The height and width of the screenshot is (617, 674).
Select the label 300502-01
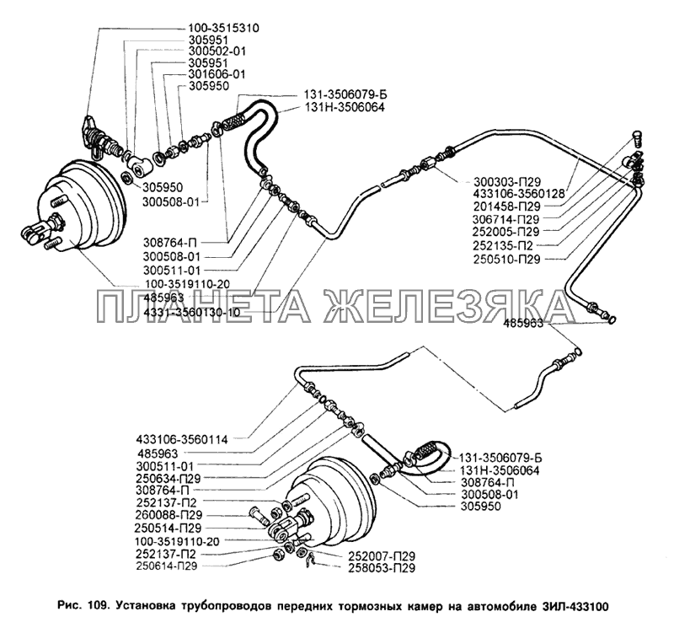(x=218, y=51)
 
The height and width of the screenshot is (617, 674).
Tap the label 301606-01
(x=218, y=73)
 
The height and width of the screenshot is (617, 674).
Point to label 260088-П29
(x=169, y=513)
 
